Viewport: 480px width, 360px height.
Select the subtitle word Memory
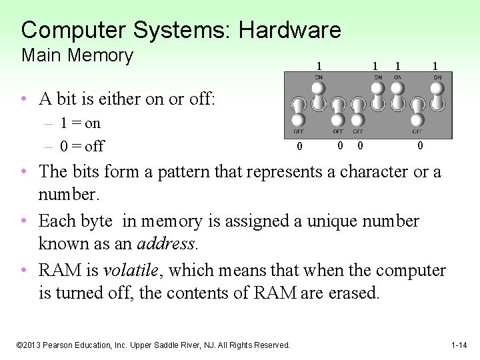click(x=103, y=55)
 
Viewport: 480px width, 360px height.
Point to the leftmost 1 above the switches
click(x=319, y=66)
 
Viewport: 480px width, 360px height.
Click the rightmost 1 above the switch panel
click(x=435, y=66)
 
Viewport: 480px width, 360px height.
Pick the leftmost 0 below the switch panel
click(x=299, y=147)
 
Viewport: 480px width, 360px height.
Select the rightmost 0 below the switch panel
click(x=420, y=145)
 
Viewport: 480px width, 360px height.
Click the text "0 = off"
click(x=82, y=146)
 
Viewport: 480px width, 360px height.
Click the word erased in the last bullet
click(x=354, y=293)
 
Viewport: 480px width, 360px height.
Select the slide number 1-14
click(x=459, y=345)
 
